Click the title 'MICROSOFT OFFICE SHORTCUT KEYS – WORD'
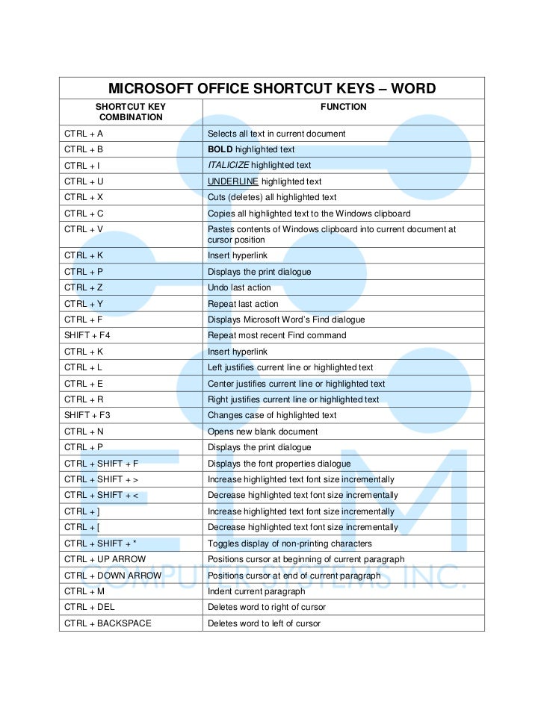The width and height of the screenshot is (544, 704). (x=272, y=90)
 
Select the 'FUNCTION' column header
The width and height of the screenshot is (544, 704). (x=343, y=107)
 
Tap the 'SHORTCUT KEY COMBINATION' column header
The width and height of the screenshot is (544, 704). (x=130, y=112)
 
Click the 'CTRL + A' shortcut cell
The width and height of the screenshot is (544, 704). (x=84, y=134)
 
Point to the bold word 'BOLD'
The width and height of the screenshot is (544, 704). (x=220, y=149)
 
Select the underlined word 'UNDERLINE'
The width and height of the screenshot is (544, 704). (x=233, y=181)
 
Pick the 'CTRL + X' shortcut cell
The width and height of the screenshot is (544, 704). (x=84, y=197)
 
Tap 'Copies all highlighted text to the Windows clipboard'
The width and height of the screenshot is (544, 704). (x=309, y=214)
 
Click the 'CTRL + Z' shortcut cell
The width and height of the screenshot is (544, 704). (x=84, y=287)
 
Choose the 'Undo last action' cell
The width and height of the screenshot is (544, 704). (x=239, y=287)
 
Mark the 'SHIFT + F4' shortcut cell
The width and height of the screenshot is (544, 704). (x=87, y=335)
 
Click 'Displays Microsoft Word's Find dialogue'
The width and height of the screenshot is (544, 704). (x=286, y=320)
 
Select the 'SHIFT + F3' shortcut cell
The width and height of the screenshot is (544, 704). (x=87, y=415)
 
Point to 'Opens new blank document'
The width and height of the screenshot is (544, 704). (x=262, y=432)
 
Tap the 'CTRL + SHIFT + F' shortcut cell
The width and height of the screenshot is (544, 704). (x=102, y=464)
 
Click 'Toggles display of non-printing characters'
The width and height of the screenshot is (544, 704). (x=289, y=543)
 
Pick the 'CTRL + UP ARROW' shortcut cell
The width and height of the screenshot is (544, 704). (x=105, y=559)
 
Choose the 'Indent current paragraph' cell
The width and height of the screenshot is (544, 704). (x=256, y=591)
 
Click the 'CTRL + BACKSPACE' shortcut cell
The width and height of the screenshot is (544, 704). (x=108, y=623)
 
